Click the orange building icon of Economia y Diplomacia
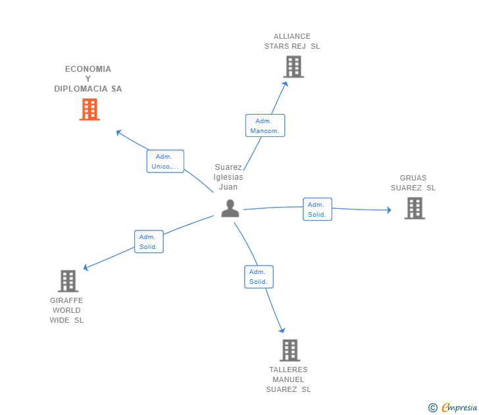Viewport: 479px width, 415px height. [x=89, y=109]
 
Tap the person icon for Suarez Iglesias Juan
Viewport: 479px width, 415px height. [x=230, y=208]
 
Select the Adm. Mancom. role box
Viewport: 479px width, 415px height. [x=265, y=125]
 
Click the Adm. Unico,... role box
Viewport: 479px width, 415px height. [x=165, y=161]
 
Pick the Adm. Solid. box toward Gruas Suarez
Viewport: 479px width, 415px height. [x=317, y=209]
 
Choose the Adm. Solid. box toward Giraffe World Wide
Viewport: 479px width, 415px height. [x=149, y=242]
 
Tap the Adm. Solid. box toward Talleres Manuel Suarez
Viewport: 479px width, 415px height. [x=259, y=277]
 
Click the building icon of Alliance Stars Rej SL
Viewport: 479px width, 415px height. [x=293, y=67]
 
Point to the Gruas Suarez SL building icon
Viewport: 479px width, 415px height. [x=415, y=208]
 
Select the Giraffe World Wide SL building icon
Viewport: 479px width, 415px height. [x=68, y=281]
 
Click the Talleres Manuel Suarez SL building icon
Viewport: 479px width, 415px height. [x=290, y=350]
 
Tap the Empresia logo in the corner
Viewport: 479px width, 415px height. [x=453, y=407]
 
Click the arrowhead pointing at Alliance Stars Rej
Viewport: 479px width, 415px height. [x=286, y=84]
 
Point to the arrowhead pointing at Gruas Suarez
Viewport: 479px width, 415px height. [x=389, y=210]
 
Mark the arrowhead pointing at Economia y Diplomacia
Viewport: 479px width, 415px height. [x=119, y=132]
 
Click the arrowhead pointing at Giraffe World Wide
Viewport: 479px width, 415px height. [x=86, y=267]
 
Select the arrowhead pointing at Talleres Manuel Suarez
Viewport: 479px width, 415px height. [x=282, y=329]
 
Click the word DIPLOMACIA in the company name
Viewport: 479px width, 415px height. [x=81, y=89]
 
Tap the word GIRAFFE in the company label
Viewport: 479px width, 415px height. [x=66, y=300]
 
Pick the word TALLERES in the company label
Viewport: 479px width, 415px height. [x=288, y=370]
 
